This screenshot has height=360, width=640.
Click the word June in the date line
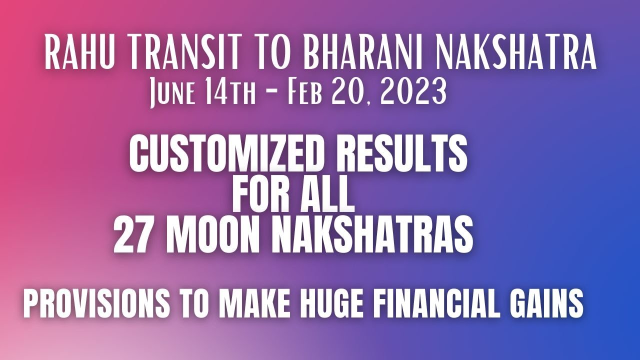pos(169,92)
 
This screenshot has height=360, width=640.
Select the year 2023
pos(413,92)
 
